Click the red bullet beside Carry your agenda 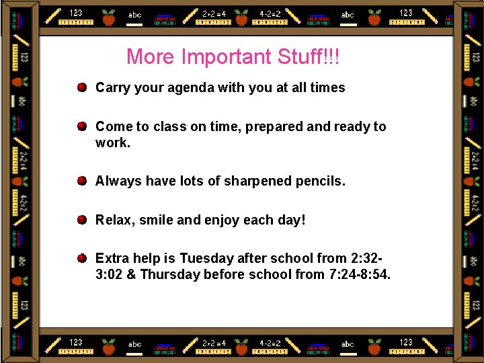[81, 87]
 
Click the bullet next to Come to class [81, 126]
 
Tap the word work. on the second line [113, 143]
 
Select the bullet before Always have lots [81, 181]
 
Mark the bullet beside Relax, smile [81, 220]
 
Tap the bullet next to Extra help [81, 258]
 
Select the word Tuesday [206, 258]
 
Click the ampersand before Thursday [130, 274]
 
